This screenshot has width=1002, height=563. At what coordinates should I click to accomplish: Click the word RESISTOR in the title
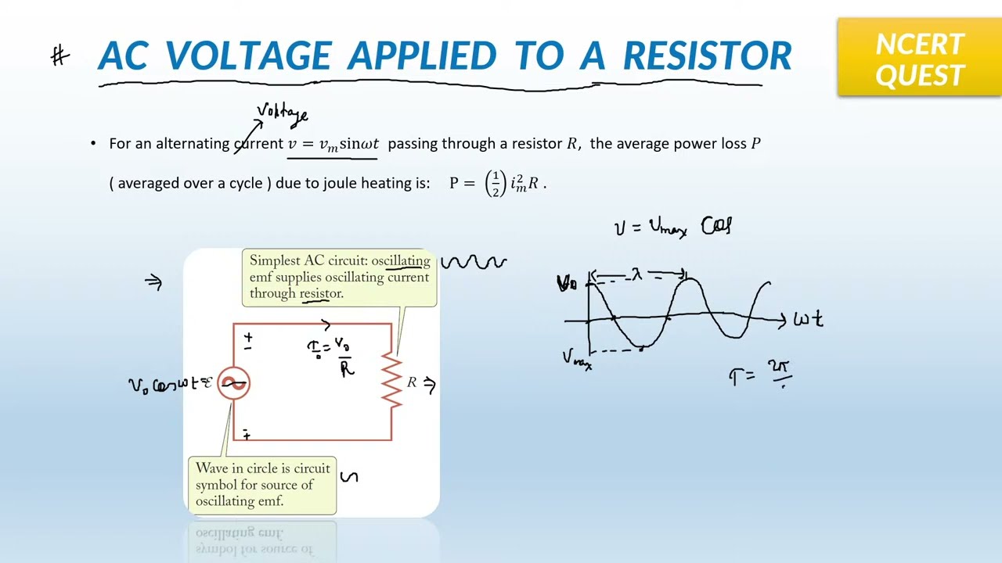coord(707,56)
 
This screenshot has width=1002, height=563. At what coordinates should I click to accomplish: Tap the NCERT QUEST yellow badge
coord(919,58)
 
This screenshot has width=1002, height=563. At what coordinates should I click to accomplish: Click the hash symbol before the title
coord(60,56)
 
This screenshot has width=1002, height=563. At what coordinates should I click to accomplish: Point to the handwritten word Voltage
coord(283,114)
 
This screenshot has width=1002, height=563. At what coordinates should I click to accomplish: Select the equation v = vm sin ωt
coord(333,144)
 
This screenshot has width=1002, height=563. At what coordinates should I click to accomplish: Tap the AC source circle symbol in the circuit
coord(233,383)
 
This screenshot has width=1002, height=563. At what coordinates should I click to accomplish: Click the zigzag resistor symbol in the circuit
coord(391,380)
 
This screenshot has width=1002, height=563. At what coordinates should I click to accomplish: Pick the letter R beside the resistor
coord(412,382)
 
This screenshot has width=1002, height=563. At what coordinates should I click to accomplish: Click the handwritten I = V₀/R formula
coord(332,356)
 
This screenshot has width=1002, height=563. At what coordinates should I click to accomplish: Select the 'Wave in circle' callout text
coord(262,484)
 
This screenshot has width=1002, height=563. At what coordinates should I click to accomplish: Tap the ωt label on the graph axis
coord(808,319)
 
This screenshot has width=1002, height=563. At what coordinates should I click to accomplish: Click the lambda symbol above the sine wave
coord(636,274)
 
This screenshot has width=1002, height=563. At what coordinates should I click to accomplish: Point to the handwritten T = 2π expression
coord(760,375)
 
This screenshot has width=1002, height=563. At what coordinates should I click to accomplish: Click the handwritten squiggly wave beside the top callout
coord(474,263)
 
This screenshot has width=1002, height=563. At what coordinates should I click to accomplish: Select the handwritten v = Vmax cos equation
coord(672,227)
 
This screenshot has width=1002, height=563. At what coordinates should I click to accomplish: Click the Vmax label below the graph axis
coord(577,359)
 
